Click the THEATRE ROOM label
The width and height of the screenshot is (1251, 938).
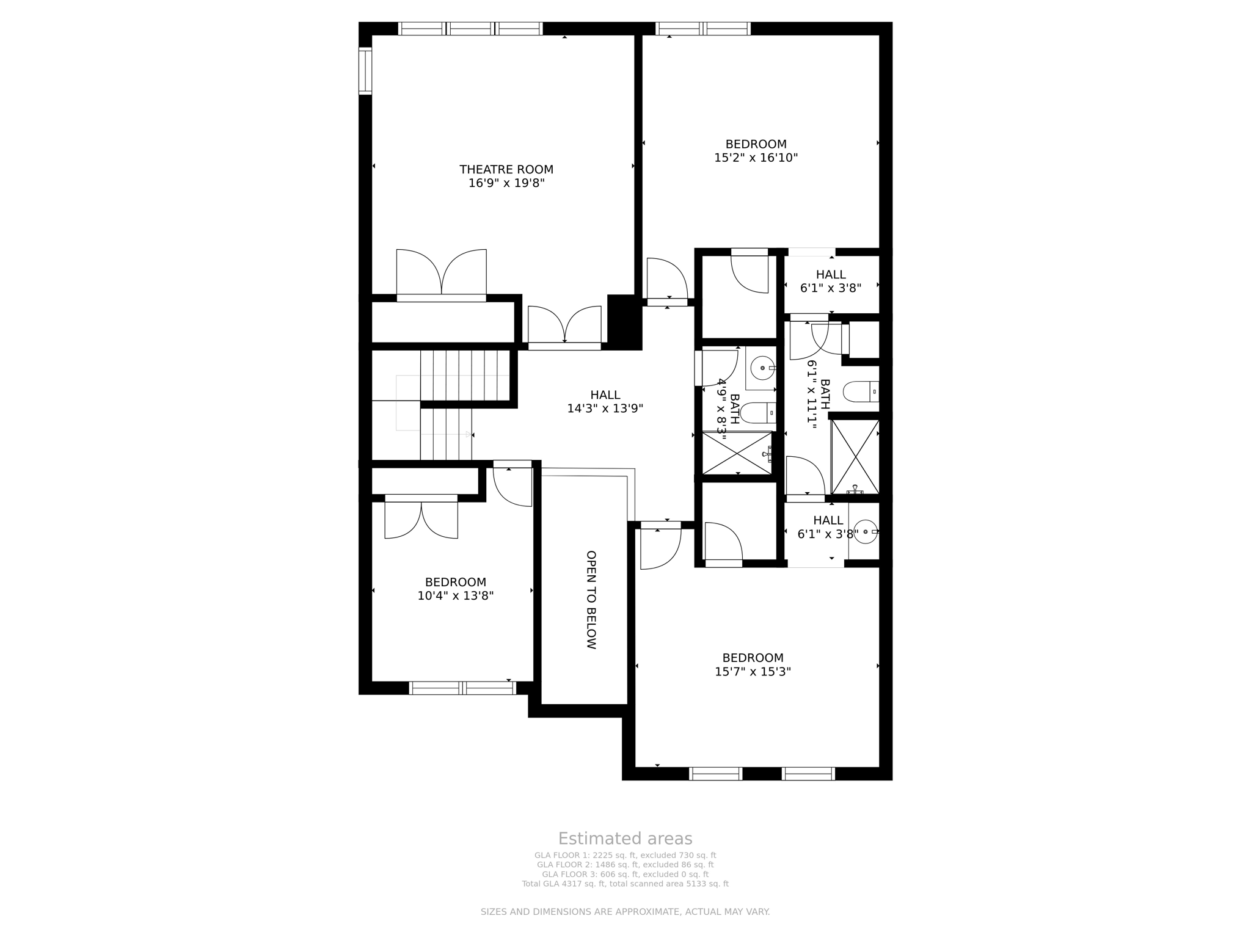point(506,169)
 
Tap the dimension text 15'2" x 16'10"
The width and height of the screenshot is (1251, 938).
point(756,158)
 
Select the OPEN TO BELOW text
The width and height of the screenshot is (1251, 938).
point(591,600)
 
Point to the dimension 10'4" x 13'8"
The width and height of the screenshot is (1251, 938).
point(455,596)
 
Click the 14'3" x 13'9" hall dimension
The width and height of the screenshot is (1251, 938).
point(605,409)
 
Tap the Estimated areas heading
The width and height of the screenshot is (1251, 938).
point(625,838)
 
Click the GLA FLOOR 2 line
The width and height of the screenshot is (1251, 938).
point(625,865)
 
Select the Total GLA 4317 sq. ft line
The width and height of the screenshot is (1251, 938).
point(625,884)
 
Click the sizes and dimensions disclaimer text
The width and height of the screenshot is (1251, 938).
point(625,912)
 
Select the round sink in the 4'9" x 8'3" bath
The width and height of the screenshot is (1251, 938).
point(762,368)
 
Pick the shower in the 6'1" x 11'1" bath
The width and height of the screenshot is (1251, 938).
point(855,456)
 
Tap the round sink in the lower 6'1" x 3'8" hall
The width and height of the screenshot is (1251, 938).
point(865,531)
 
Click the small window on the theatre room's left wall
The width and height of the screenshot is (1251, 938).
point(365,71)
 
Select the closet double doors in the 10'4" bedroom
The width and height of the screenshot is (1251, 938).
point(421,519)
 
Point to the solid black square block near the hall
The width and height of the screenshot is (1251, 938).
point(624,322)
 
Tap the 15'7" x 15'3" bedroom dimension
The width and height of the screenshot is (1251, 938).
point(753,672)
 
